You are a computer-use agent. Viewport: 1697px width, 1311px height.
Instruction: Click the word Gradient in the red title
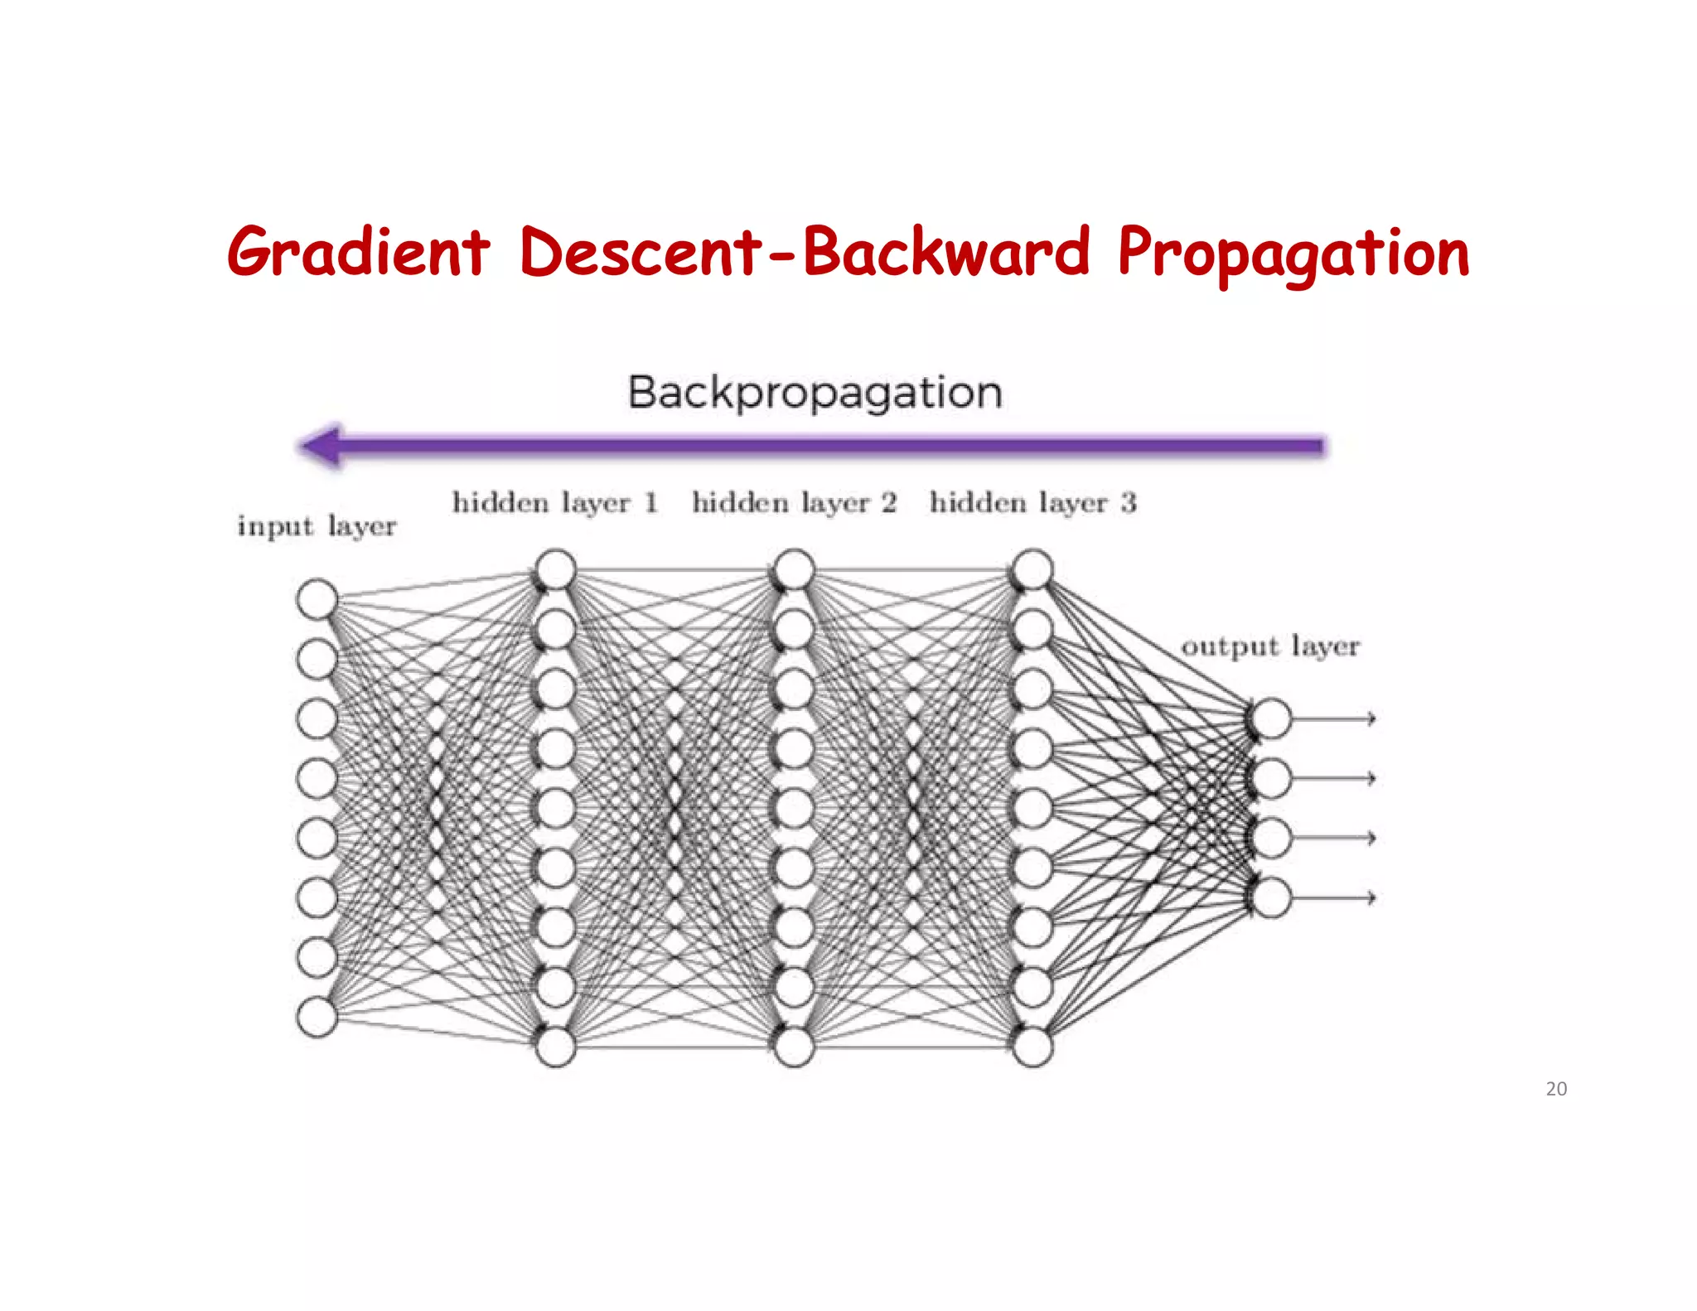point(358,252)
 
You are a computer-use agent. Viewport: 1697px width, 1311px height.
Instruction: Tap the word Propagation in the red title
point(1293,254)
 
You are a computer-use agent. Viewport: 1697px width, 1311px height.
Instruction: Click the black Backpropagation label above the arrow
point(815,392)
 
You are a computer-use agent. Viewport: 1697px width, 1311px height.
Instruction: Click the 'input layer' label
point(317,526)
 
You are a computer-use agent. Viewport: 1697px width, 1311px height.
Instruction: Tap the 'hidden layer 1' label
point(555,502)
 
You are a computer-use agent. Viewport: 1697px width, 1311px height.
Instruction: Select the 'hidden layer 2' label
point(794,502)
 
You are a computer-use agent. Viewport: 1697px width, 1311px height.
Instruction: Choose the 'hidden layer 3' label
point(1032,502)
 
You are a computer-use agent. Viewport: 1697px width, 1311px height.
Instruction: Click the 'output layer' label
point(1270,646)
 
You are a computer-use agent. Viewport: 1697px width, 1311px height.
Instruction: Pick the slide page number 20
point(1556,1089)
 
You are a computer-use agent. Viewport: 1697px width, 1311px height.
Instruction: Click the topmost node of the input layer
point(317,599)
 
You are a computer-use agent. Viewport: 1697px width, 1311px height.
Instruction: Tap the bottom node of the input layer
point(317,1017)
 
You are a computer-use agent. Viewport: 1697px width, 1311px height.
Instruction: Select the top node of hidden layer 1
point(555,569)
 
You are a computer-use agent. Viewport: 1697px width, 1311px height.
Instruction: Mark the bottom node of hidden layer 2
point(794,1047)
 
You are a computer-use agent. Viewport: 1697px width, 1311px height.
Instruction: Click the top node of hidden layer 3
point(1032,569)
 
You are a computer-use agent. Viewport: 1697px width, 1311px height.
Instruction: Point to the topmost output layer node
point(1271,718)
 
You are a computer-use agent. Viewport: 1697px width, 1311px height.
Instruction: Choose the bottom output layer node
point(1271,897)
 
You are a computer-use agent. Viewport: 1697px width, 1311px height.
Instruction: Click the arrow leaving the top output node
point(1334,718)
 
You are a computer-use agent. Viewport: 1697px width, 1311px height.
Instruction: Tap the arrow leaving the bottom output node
point(1334,897)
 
